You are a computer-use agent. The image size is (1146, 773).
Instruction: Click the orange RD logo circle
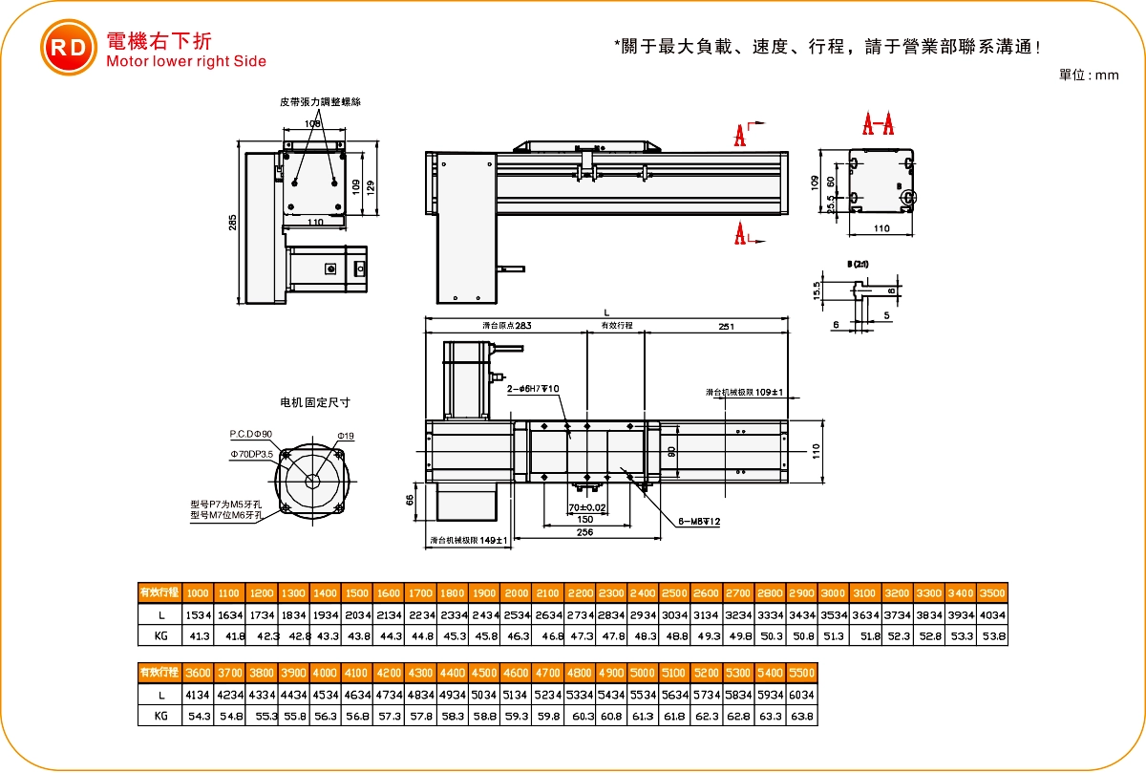coord(68,48)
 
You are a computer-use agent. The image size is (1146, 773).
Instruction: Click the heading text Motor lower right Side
coord(186,61)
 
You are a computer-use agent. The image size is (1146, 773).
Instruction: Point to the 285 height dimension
coord(232,223)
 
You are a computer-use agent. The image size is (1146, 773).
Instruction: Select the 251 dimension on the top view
coord(726,327)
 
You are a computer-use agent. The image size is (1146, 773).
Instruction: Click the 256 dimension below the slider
coord(584,533)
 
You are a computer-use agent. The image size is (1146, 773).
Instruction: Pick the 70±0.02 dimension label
coord(587,507)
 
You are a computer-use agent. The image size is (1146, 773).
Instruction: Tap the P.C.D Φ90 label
coord(251,434)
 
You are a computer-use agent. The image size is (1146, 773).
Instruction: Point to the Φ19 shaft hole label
coord(346,436)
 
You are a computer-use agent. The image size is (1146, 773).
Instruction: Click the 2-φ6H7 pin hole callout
coord(533,388)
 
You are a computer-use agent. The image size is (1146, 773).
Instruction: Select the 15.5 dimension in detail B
coord(817,290)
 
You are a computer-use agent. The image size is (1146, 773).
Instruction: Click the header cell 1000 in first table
coord(198,592)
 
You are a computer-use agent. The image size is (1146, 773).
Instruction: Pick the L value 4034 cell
coord(993,614)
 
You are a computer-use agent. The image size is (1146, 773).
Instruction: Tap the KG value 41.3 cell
coord(198,635)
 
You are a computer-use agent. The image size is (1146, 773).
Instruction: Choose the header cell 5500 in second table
coord(802,673)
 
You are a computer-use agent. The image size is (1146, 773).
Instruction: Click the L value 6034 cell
coord(802,695)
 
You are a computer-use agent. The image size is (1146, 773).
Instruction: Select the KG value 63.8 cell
coord(802,716)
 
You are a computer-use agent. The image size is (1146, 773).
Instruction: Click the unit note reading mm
coord(1089,75)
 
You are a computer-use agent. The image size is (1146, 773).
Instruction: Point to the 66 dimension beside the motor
coord(410,501)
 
